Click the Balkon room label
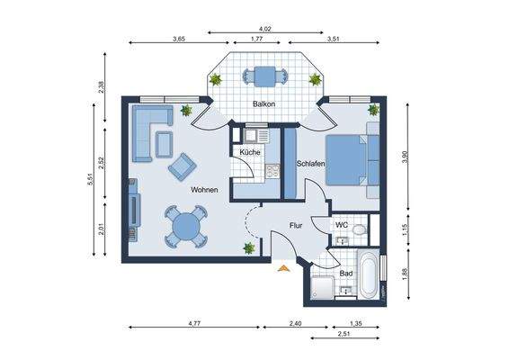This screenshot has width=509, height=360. pos(263,104)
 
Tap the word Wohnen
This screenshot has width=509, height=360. pos(204,190)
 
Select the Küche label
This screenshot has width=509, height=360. pos(250,152)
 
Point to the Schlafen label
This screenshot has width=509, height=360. pos(310,164)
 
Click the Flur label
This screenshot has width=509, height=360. pos(296,226)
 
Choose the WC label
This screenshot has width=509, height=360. pos(342,225)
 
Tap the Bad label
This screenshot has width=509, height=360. pos(346,274)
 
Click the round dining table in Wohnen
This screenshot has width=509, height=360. pos(186,227)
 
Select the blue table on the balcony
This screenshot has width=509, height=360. pos(265,76)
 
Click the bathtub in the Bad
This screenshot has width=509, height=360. pos(368,274)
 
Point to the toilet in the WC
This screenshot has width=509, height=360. pos(360,229)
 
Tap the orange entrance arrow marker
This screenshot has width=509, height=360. pos(283,268)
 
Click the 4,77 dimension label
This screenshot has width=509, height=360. pos(194,323)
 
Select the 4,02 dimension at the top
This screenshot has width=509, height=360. pos(265,29)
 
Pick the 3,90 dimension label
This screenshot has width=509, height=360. pos(405,157)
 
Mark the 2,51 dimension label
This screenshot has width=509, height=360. pos(344,334)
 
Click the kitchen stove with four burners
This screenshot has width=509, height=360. pos(272,171)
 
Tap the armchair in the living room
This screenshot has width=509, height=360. pos(183,166)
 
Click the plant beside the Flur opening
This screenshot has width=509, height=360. pos(249,248)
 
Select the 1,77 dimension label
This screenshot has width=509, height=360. pos(256,39)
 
